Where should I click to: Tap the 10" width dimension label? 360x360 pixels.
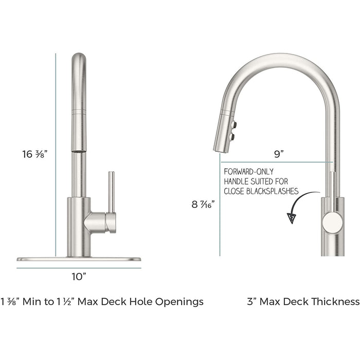coord(78,277)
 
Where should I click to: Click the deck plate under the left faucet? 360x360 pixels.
coord(79,259)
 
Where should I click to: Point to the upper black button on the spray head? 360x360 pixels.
coord(235,124)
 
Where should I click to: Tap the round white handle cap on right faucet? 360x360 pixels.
coord(333,222)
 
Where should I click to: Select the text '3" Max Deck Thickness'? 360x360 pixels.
coord(303,301)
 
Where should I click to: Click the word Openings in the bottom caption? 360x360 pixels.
coord(182,301)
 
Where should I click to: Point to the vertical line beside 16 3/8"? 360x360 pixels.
coord(56,154)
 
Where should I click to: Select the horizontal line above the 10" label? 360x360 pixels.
coord(79,267)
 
